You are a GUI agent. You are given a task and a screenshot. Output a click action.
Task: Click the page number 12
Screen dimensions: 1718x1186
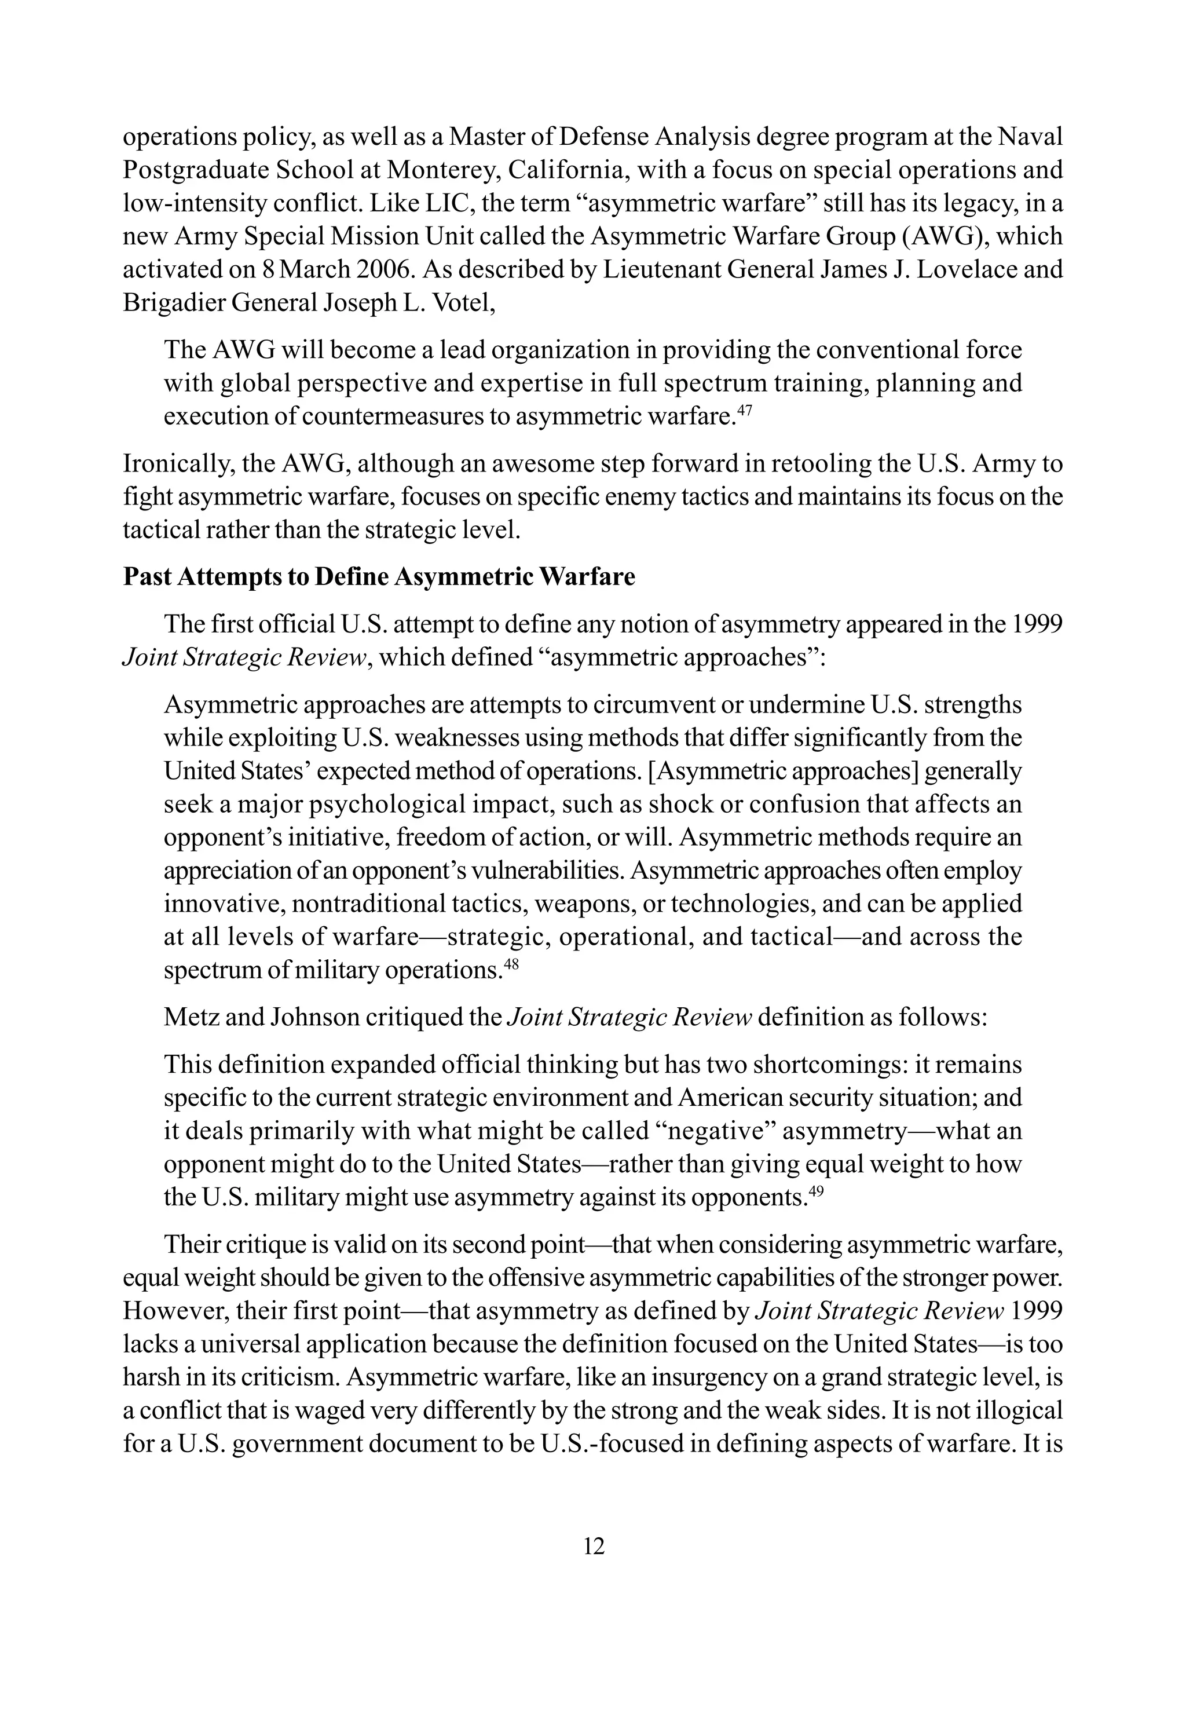[x=594, y=1547]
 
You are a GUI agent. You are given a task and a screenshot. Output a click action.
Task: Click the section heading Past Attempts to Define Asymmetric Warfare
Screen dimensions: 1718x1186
[x=379, y=577]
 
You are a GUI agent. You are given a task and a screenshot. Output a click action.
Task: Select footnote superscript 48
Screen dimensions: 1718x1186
[x=511, y=964]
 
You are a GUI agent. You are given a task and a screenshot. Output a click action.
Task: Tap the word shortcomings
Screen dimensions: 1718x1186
[x=829, y=1064]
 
